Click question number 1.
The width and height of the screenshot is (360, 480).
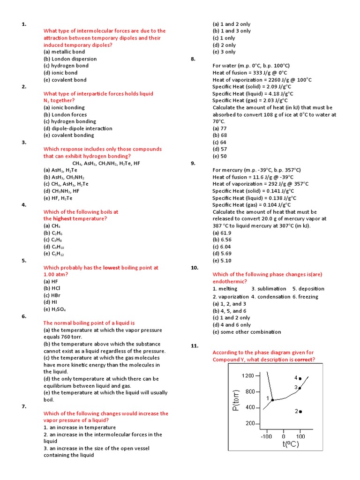(23, 24)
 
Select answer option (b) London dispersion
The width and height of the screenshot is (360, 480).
(70, 59)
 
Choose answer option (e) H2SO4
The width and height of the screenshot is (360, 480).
(55, 309)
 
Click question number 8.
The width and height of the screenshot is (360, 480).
(193, 59)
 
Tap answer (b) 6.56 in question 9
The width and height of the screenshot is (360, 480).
(222, 240)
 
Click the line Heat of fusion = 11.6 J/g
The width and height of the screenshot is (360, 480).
(253, 177)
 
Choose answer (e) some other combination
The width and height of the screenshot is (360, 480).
(247, 332)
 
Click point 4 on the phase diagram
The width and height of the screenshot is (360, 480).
(300, 378)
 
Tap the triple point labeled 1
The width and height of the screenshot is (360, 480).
(273, 400)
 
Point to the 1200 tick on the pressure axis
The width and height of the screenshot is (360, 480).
(247, 376)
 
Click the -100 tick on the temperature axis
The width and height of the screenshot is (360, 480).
(267, 436)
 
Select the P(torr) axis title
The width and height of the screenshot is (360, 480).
(237, 401)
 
